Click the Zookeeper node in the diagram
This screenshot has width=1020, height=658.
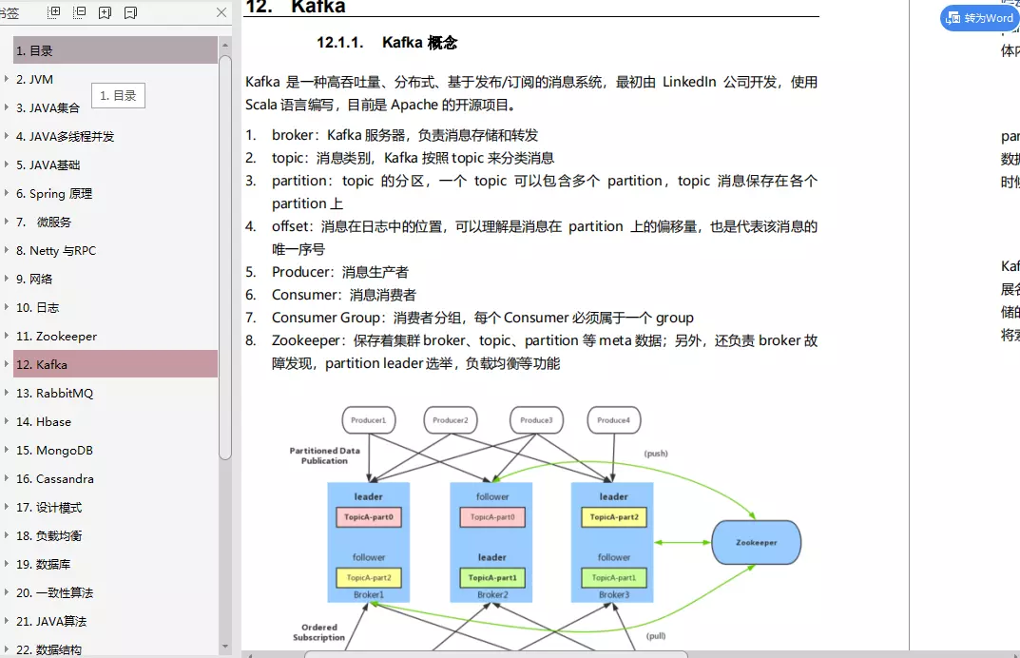click(x=757, y=542)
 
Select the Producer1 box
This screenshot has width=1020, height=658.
click(x=369, y=420)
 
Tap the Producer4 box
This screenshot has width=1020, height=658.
click(x=613, y=420)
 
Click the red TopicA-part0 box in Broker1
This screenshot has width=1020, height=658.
click(x=369, y=517)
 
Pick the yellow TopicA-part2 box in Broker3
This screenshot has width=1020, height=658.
click(x=613, y=517)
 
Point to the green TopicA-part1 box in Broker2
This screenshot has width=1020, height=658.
click(x=491, y=577)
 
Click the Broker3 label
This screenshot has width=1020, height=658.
click(x=613, y=595)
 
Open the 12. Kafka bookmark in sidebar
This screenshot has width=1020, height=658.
click(x=42, y=364)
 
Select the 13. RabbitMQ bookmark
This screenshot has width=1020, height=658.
click(x=54, y=393)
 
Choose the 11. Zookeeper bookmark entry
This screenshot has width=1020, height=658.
click(x=56, y=336)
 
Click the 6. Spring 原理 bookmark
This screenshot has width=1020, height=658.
click(x=54, y=193)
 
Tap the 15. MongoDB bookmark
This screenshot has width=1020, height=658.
click(x=54, y=450)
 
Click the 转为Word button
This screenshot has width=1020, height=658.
click(x=979, y=18)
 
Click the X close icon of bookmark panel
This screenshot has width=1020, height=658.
click(x=221, y=12)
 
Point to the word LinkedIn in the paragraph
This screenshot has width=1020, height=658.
click(x=689, y=82)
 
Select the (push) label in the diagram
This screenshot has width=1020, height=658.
click(x=656, y=454)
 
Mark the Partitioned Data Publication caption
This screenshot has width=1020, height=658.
click(x=324, y=455)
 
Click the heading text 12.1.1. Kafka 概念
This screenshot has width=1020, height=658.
click(x=387, y=43)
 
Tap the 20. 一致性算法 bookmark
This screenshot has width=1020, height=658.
click(x=54, y=592)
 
